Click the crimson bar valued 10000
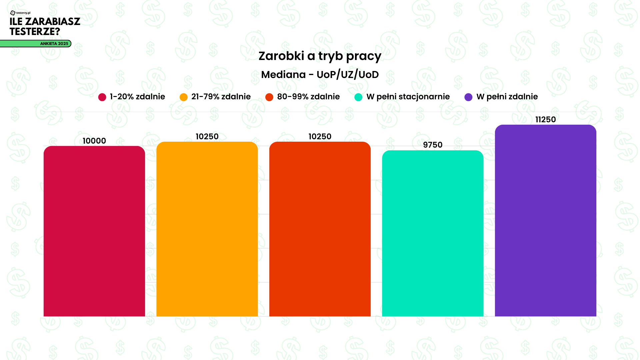coord(94,231)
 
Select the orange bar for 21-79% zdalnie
coord(207,229)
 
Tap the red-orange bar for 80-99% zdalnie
coord(320,229)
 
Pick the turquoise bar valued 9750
coord(433,233)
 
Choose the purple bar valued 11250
coord(545,220)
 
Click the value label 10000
coord(94,141)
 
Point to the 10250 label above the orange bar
coord(207,137)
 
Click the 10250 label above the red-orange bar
coord(320,137)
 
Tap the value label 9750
coord(433,145)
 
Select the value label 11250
coord(545,120)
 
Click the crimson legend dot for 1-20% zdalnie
coord(102,97)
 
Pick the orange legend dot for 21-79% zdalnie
coord(184,97)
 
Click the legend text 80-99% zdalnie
coord(308,97)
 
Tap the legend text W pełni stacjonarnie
coord(408,97)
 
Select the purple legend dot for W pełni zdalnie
coord(468,97)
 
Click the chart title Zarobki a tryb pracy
coord(320,56)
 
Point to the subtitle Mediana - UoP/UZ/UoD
coord(320,75)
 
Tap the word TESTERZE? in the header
coord(35,32)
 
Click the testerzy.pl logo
coord(20,13)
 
